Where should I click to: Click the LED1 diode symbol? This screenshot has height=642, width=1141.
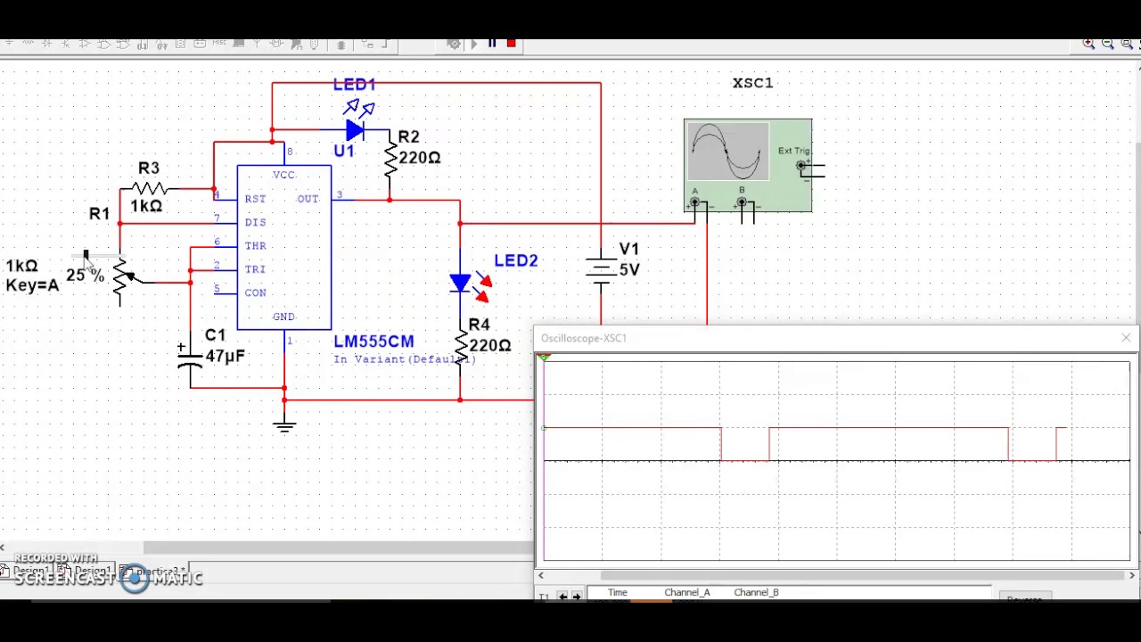355,131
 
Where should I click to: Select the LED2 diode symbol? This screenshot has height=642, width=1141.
460,284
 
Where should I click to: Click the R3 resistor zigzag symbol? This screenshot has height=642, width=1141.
149,188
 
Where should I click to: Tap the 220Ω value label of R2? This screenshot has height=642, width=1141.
419,157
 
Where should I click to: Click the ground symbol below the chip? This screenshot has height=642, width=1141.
284,425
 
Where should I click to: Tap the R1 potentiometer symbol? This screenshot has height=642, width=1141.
121,278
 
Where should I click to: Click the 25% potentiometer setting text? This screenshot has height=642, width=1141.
85,276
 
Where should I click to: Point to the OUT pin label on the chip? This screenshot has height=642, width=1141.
308,199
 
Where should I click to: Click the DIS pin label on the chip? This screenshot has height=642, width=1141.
255,222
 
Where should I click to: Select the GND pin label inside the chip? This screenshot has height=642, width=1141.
283,317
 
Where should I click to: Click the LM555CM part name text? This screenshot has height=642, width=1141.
373,342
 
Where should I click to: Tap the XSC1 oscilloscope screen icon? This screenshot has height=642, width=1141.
726,152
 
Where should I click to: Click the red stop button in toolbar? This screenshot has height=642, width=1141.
512,43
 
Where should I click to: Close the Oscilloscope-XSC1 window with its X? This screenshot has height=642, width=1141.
1126,338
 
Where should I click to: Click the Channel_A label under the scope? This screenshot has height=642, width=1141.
686,592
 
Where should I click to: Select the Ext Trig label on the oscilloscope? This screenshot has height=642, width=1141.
793,151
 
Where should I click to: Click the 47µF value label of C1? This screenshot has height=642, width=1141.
225,356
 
